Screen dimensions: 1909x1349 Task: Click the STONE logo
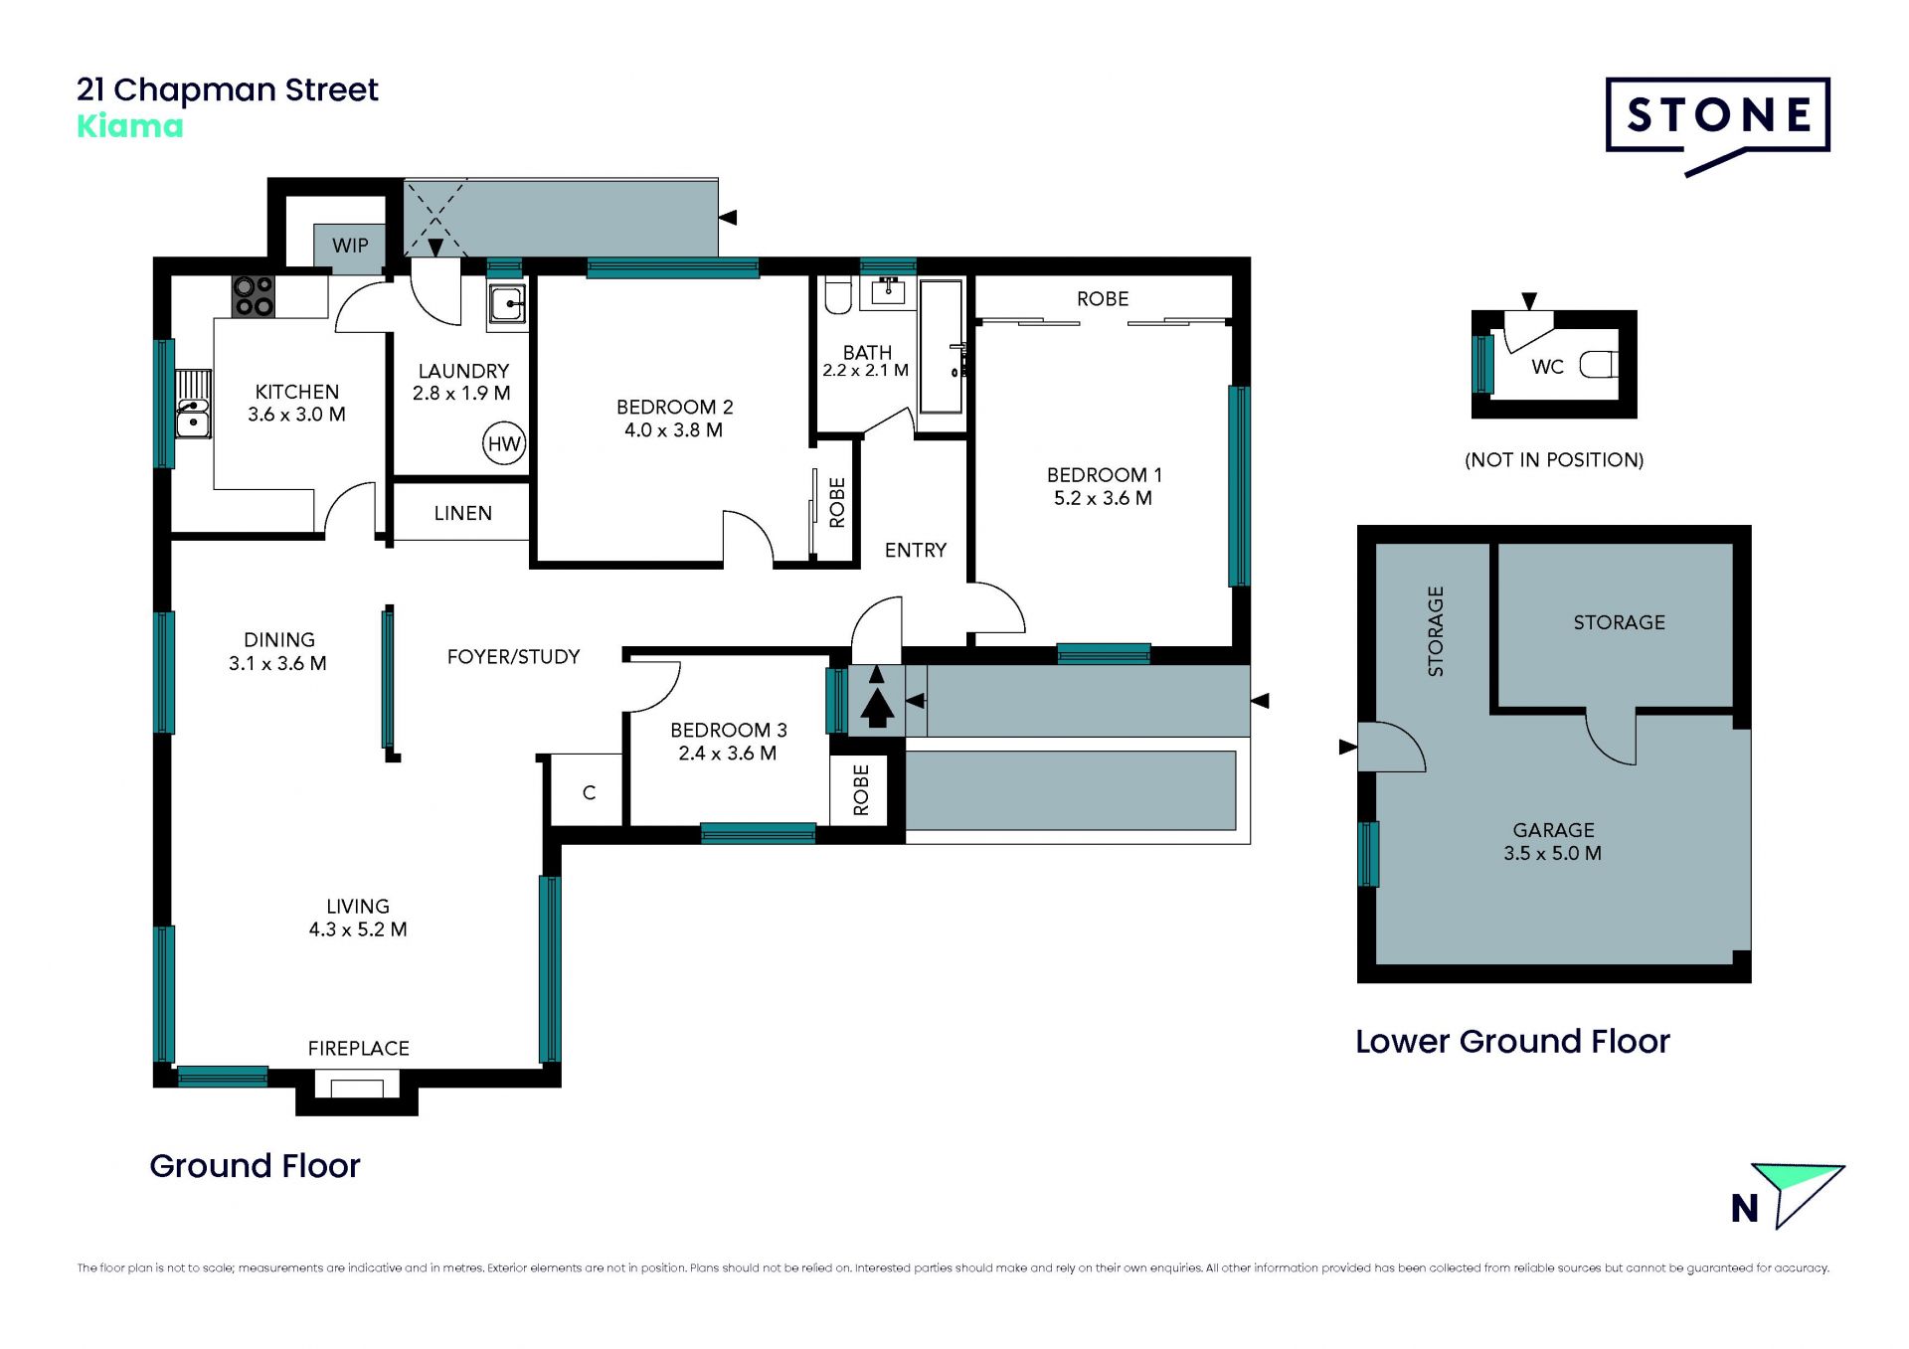[x=1717, y=125]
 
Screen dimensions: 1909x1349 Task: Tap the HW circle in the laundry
[x=504, y=443]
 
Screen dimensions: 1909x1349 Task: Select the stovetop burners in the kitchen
[x=253, y=296]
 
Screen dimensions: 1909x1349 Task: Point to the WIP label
[x=350, y=246]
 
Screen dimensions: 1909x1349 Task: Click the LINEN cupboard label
[x=462, y=513]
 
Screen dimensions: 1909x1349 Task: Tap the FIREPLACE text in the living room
[x=358, y=1048]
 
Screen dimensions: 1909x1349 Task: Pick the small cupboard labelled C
[x=588, y=791]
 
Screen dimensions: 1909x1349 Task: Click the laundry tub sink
[x=507, y=303]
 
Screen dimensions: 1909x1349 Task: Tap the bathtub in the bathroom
[x=941, y=347]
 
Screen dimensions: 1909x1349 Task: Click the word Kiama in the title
[x=130, y=126]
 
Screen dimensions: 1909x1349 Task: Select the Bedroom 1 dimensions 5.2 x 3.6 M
[x=1103, y=498]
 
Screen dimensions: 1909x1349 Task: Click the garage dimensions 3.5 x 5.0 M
[x=1552, y=853]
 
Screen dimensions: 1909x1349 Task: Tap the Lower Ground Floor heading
[x=1512, y=1041]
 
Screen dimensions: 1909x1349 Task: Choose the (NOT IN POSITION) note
[x=1554, y=459]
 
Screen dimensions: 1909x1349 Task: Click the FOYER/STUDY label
[x=513, y=656]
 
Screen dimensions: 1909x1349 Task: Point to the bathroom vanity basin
[x=887, y=290]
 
